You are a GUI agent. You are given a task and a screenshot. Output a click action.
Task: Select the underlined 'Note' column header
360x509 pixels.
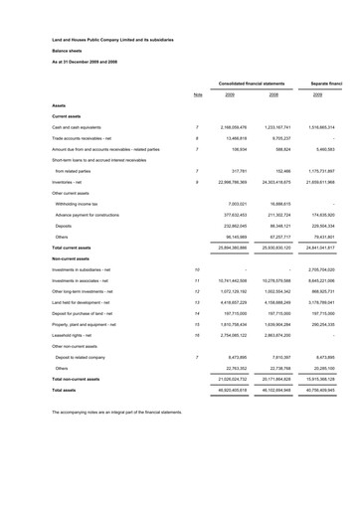point(198,95)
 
